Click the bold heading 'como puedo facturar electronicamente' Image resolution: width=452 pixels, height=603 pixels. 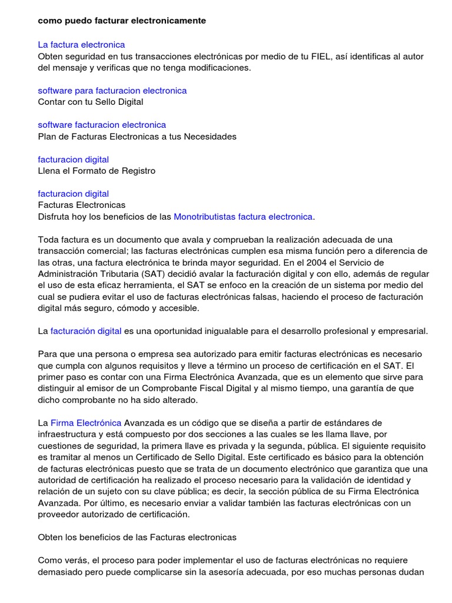point(122,21)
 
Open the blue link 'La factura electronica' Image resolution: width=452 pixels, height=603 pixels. point(81,45)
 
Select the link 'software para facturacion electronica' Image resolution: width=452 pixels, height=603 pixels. point(112,91)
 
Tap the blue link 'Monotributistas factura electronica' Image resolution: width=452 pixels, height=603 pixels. point(243,217)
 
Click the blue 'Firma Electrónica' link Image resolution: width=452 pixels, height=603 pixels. point(87,423)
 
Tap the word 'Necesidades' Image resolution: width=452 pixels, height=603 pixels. point(210,137)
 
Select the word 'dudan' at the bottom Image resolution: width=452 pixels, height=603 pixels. point(413,571)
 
